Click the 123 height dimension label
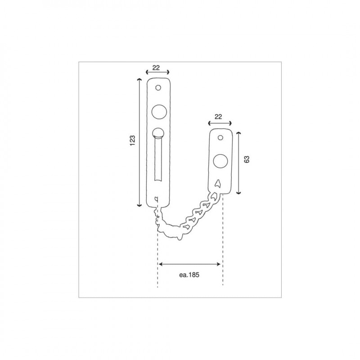132,140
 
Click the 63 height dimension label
247,159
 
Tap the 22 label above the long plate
156,68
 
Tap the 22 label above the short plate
218,117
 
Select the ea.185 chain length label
189,274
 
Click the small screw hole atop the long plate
158,88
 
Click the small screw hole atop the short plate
220,138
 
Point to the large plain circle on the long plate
159,112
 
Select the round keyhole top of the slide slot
158,133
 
